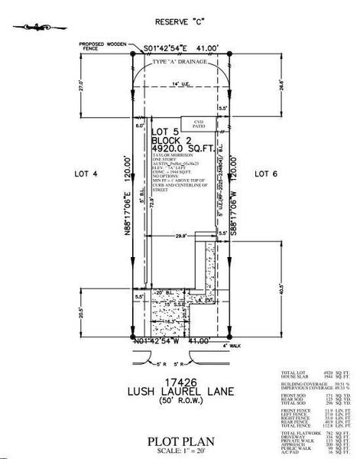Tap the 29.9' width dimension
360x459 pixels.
point(181,237)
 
